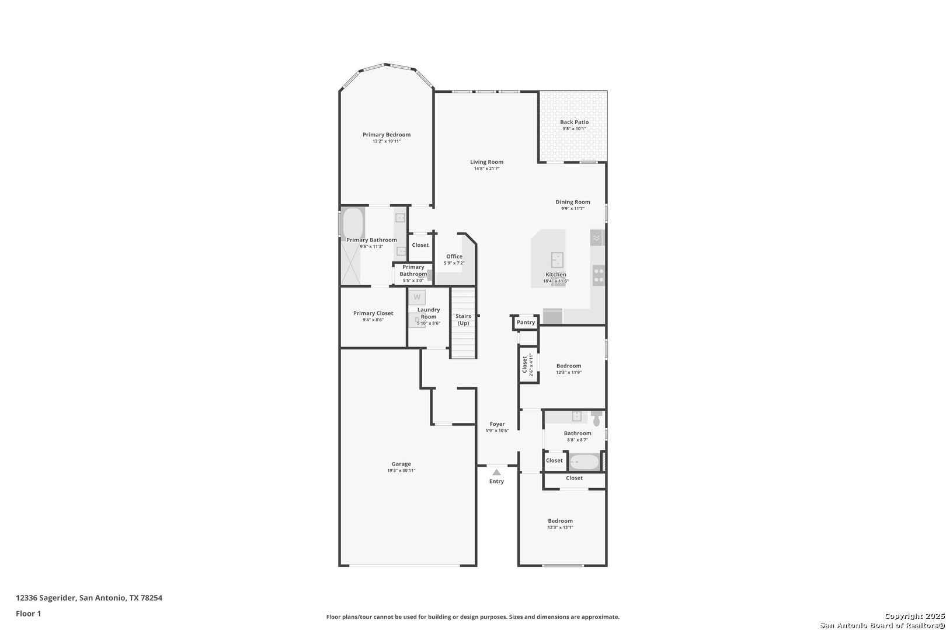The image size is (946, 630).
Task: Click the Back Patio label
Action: tap(574, 122)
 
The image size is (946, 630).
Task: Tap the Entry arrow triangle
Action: tap(496, 473)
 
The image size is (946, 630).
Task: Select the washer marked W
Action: tap(417, 297)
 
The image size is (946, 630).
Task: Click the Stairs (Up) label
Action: tap(463, 320)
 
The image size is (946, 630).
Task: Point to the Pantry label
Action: tap(526, 323)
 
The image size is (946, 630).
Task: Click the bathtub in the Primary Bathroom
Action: tap(353, 223)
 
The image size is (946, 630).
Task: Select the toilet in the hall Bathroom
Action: tap(596, 419)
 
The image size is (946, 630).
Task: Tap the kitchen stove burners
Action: tap(599, 275)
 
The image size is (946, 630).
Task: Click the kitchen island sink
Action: tap(557, 260)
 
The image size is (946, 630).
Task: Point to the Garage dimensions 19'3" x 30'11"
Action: tap(401, 471)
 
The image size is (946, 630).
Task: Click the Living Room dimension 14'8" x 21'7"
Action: tap(486, 169)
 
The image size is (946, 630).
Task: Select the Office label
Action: tap(454, 256)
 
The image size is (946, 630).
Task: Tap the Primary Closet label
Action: tap(373, 313)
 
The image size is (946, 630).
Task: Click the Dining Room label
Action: tap(573, 202)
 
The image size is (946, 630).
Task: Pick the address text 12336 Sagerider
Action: tap(47, 598)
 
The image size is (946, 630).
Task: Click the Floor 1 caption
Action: tap(28, 614)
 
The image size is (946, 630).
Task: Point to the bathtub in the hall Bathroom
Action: tap(584, 462)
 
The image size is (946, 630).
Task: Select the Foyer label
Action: tap(497, 424)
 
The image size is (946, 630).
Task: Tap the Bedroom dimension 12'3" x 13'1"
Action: tap(561, 527)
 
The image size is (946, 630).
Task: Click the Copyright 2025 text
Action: tap(914, 616)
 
